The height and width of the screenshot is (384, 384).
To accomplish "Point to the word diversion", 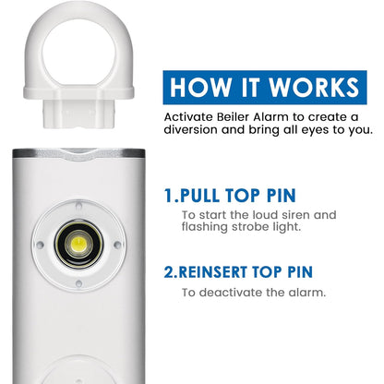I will [x=198, y=130].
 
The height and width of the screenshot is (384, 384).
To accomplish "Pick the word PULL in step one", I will [x=210, y=196].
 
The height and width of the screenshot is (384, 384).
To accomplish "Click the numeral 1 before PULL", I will [x=169, y=196].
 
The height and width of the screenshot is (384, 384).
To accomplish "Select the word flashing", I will [x=210, y=228].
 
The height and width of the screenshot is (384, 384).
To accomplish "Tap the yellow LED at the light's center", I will [x=78, y=245].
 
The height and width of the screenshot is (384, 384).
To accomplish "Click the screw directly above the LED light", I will [x=78, y=205].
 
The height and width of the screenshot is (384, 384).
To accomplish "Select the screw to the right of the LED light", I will [x=117, y=244].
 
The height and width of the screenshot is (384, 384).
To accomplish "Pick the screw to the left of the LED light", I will [x=39, y=246].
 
